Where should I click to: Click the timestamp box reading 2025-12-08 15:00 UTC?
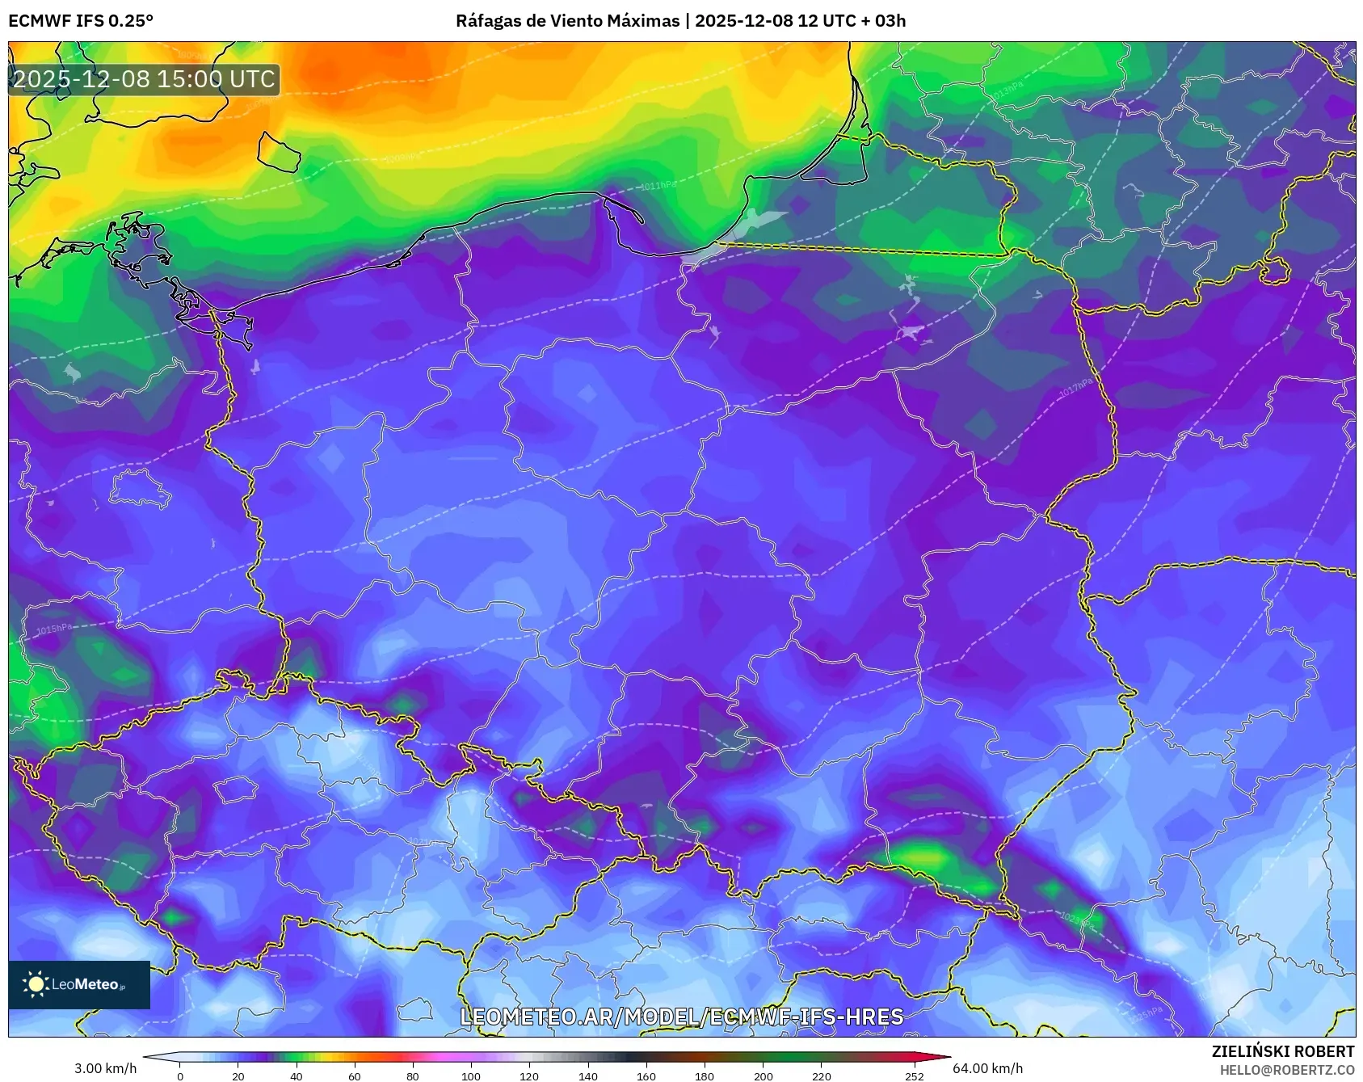click(x=144, y=79)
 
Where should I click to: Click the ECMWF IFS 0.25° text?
click(x=80, y=21)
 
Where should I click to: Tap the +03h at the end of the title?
click(x=890, y=21)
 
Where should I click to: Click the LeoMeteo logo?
click(x=78, y=984)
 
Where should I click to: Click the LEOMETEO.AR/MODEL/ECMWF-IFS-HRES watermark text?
click(x=681, y=1017)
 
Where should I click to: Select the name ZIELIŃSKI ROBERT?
click(x=1282, y=1051)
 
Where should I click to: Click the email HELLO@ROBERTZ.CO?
click(x=1286, y=1070)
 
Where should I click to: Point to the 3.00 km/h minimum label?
click(x=105, y=1068)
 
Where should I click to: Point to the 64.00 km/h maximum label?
click(x=987, y=1068)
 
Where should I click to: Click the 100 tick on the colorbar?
click(x=471, y=1076)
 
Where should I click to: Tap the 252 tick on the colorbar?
click(x=914, y=1076)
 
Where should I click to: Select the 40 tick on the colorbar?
click(x=297, y=1076)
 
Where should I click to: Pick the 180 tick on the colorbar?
click(x=705, y=1076)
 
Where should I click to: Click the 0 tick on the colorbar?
click(x=180, y=1076)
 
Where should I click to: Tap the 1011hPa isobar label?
click(x=658, y=186)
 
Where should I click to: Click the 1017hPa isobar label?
click(x=1075, y=387)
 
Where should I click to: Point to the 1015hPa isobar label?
click(x=54, y=629)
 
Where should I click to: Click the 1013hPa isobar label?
click(x=1008, y=90)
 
